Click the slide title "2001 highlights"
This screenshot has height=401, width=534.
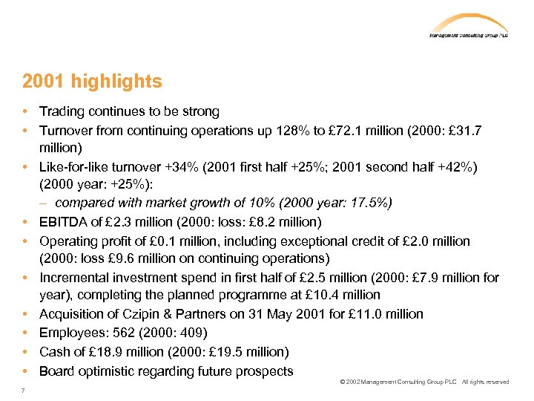pyautogui.click(x=92, y=81)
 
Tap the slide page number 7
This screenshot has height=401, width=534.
pyautogui.click(x=24, y=391)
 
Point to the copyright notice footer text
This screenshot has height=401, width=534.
pyautogui.click(x=424, y=382)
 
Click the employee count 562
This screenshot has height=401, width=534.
pyautogui.click(x=121, y=333)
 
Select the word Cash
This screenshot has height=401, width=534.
pyautogui.click(x=55, y=352)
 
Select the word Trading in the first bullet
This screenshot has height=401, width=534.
pyautogui.click(x=62, y=112)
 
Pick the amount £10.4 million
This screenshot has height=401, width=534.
pyautogui.click(x=335, y=296)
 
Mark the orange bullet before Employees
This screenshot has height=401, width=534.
pyautogui.click(x=25, y=333)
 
